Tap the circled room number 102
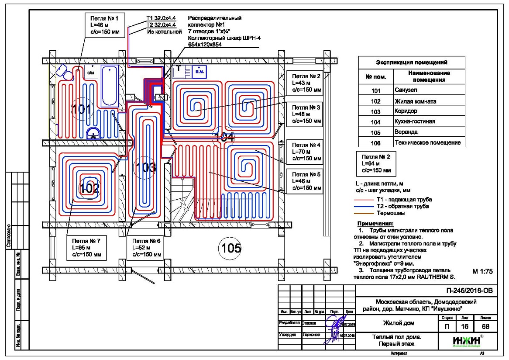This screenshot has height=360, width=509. pyautogui.click(x=90, y=189)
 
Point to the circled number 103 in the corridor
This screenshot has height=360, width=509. pyautogui.click(x=145, y=167)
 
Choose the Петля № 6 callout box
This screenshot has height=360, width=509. pyautogui.click(x=145, y=248)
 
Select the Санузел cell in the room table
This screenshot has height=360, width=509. pyautogui.click(x=405, y=90)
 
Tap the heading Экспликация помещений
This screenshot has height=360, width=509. pyautogui.click(x=411, y=62)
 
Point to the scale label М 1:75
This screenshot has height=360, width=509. pyautogui.click(x=482, y=271)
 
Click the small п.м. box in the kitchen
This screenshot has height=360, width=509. pyautogui.click(x=200, y=71)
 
